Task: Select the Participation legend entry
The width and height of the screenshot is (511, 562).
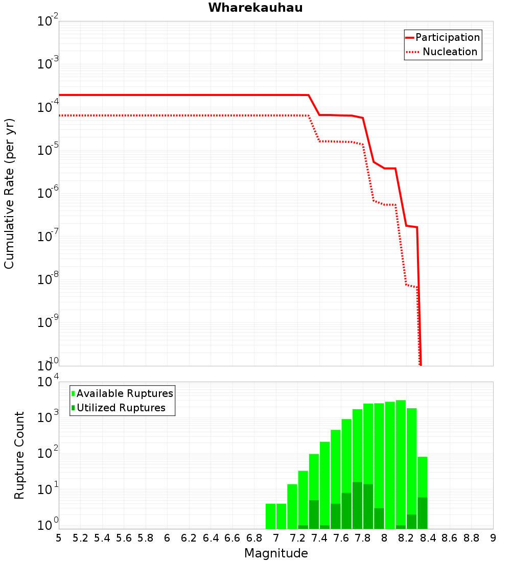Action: coord(447,38)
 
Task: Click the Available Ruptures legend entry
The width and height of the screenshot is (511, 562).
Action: coord(125,393)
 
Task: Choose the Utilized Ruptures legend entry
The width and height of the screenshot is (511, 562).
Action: coord(121,408)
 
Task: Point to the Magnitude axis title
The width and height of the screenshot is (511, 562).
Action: coord(276,553)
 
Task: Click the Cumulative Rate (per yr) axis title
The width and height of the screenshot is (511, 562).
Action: coord(9,194)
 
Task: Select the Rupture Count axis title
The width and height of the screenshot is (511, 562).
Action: coord(19,455)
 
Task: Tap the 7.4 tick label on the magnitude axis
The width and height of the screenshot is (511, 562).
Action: coord(319,538)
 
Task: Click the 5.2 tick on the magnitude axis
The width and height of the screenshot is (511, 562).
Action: coord(80,538)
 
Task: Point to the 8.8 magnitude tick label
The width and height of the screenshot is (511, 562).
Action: coord(471,538)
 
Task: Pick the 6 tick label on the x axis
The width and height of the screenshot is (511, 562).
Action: coord(167,538)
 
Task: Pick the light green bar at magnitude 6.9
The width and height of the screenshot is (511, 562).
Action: coord(270,516)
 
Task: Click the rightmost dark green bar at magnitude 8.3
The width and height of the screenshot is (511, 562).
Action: coord(422,513)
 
